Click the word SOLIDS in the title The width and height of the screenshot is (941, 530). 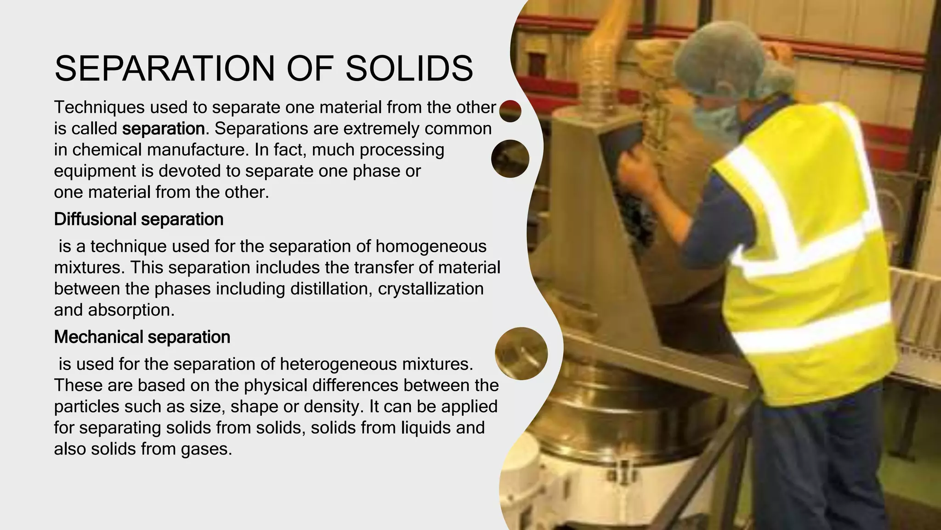click(x=409, y=69)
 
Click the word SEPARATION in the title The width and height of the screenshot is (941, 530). click(x=165, y=69)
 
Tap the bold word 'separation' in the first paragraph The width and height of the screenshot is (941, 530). click(x=163, y=129)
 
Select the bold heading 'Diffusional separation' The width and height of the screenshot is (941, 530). click(x=139, y=219)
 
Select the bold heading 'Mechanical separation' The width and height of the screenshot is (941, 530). click(x=142, y=337)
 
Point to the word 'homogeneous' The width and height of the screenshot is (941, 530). click(x=431, y=247)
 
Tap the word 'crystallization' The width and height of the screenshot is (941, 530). click(x=431, y=289)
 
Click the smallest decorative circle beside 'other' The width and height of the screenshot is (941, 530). click(x=510, y=111)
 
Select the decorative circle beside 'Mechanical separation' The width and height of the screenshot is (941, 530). click(x=521, y=353)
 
